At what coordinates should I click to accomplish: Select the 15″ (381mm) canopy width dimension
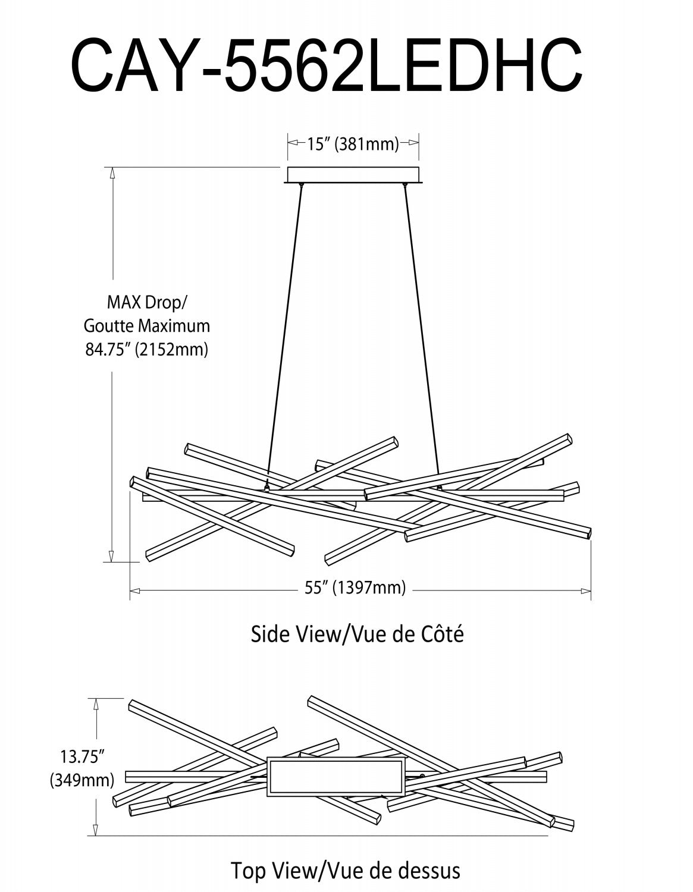pyautogui.click(x=353, y=143)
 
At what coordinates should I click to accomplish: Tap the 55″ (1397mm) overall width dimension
pyautogui.click(x=355, y=588)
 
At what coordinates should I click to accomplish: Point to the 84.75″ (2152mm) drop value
pyautogui.click(x=147, y=349)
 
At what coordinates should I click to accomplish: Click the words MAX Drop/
pyautogui.click(x=146, y=303)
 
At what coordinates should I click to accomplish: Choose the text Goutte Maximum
pyautogui.click(x=147, y=326)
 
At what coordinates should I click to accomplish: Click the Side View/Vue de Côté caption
pyautogui.click(x=357, y=634)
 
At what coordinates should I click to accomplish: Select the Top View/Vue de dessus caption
pyautogui.click(x=346, y=871)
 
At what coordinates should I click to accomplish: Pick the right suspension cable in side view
pyautogui.click(x=422, y=333)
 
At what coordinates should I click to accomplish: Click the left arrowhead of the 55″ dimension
pyautogui.click(x=134, y=591)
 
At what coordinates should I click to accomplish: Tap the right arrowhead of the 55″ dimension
pyautogui.click(x=587, y=591)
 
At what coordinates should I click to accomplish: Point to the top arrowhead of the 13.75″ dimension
pyautogui.click(x=96, y=703)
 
